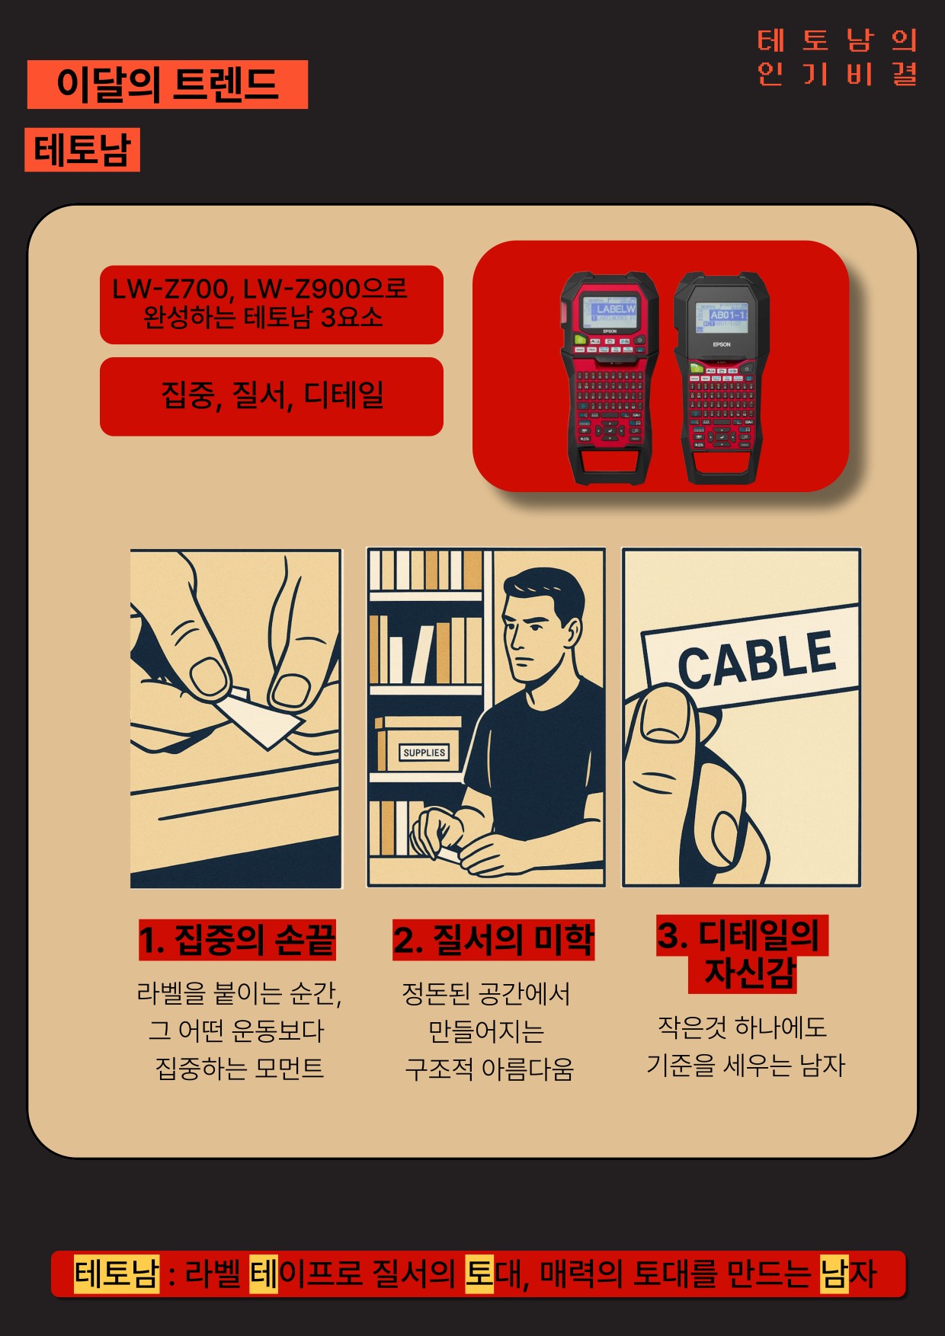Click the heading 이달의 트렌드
coord(168,84)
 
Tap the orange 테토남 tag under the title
coord(82,149)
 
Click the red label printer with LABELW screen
coord(610,377)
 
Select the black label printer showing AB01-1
coord(722,377)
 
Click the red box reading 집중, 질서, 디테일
coord(271,396)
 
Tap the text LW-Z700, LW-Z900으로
coord(260,289)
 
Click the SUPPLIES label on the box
coord(424,753)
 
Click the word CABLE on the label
coord(757,657)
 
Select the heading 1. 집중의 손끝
coord(237,940)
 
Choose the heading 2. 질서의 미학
coord(493,940)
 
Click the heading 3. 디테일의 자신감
coord(742,954)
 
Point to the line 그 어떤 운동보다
coord(237,1031)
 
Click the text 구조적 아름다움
coord(489,1069)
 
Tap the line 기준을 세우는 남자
coord(746,1065)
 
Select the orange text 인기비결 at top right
coord(837,74)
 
